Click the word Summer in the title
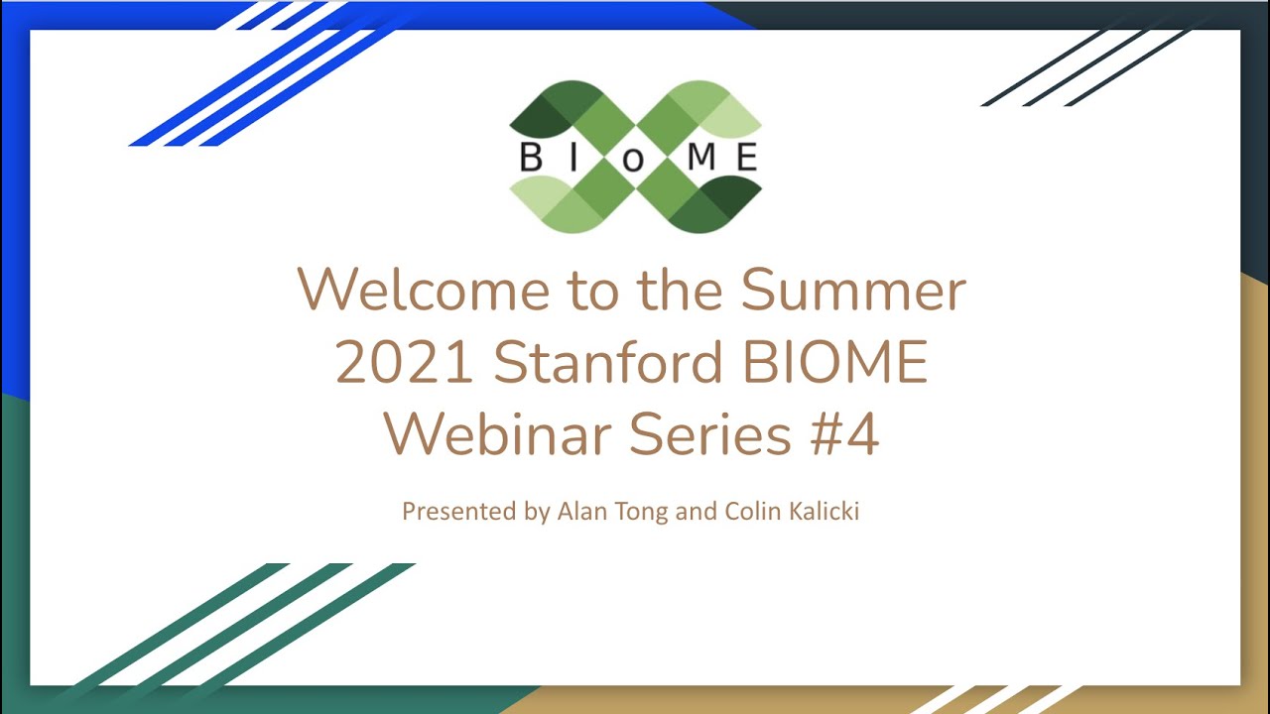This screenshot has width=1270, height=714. (x=852, y=290)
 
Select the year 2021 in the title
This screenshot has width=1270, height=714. (x=404, y=363)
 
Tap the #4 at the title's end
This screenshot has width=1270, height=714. (x=844, y=435)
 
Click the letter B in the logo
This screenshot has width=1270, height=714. (x=531, y=158)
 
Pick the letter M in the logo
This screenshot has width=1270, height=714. (x=698, y=158)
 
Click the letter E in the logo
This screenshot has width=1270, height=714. (x=748, y=158)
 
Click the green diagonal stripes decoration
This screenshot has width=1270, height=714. (x=238, y=625)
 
